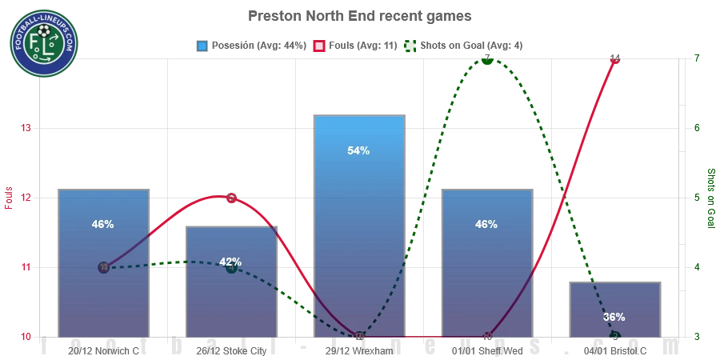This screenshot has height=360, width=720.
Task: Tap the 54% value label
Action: (359, 150)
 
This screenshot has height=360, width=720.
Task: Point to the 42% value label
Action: (230, 262)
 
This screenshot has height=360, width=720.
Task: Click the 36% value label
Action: (614, 317)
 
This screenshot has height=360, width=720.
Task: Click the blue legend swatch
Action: (202, 46)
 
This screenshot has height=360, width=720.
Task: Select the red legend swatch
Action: (318, 46)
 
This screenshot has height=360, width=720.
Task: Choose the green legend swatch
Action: (410, 46)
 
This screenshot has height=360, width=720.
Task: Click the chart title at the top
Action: (359, 17)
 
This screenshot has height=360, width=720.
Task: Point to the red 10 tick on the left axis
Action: (26, 338)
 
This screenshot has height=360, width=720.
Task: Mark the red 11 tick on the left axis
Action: (26, 267)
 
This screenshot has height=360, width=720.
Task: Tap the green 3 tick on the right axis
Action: (697, 338)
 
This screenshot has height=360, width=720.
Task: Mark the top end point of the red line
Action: (614, 58)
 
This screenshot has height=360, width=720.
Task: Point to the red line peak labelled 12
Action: (230, 197)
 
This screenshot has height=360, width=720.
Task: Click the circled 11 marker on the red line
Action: (103, 267)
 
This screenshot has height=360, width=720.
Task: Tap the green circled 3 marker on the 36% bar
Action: (615, 337)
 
